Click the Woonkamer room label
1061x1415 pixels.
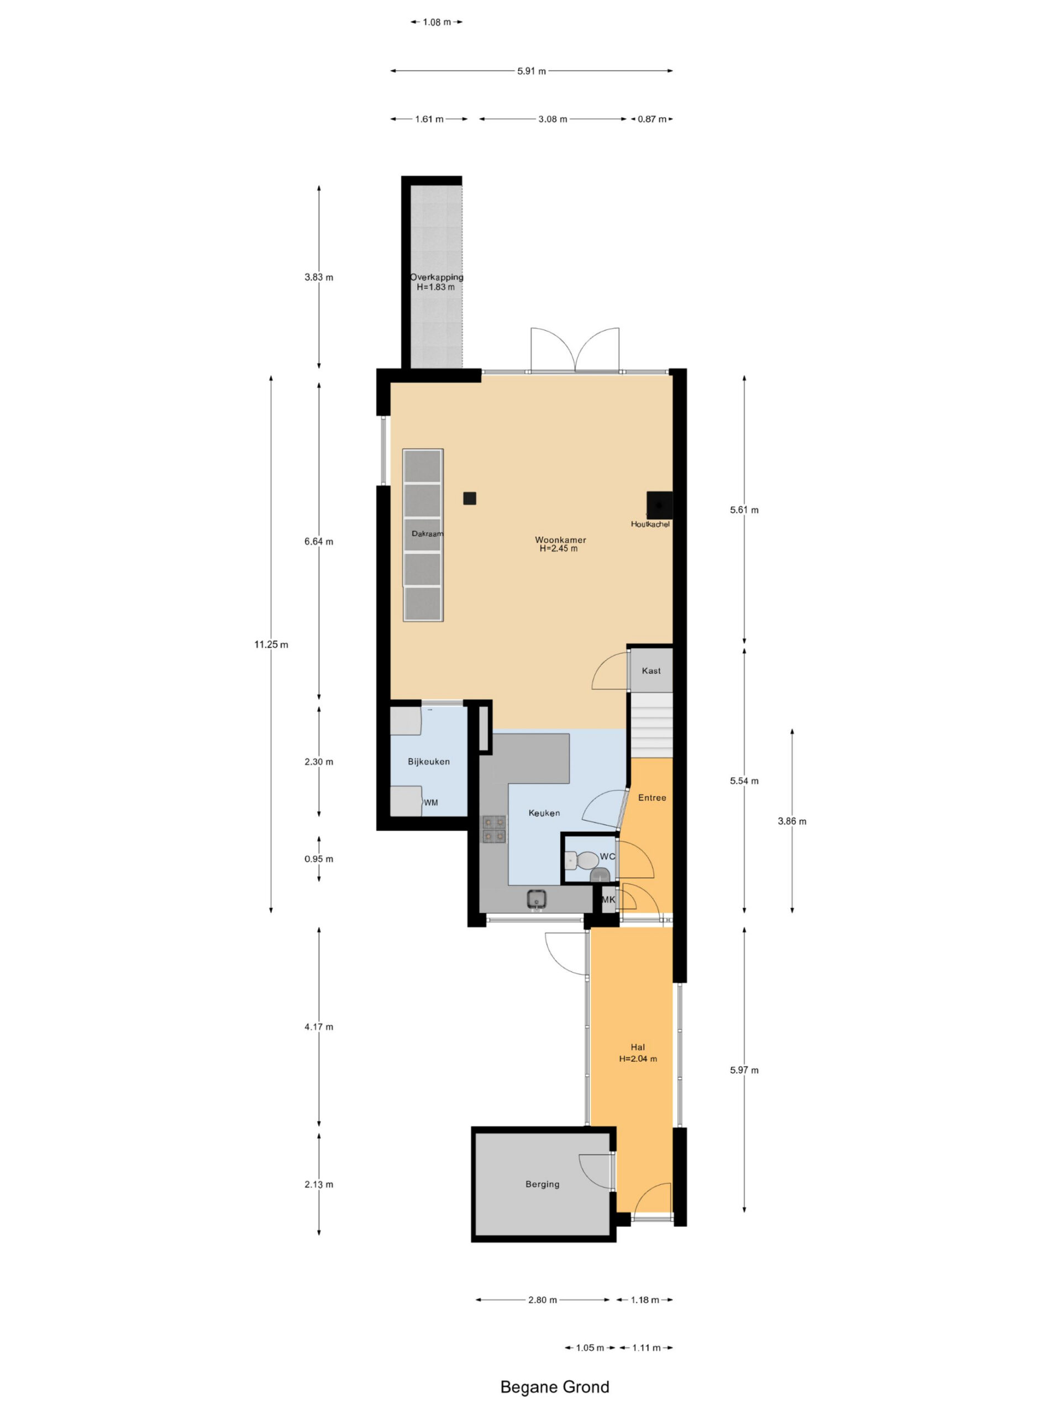coord(560,540)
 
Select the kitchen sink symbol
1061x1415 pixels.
coord(537,899)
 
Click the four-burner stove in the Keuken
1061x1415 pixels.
coord(493,829)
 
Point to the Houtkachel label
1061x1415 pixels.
coord(650,524)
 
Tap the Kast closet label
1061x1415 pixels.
coord(651,670)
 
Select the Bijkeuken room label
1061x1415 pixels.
coord(428,761)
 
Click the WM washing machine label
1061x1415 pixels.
coord(431,802)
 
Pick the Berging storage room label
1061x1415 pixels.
coord(542,1184)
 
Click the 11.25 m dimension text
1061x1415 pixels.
coord(271,644)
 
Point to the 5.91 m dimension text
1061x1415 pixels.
coord(532,71)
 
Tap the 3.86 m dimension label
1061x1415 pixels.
coord(792,821)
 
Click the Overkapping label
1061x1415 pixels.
coord(437,277)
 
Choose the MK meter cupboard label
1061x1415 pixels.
coord(608,899)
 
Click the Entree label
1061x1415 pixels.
coord(652,798)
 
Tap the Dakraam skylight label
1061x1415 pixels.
coord(427,533)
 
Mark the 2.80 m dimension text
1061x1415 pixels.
coord(542,1300)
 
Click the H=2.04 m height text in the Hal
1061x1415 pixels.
coord(638,1058)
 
